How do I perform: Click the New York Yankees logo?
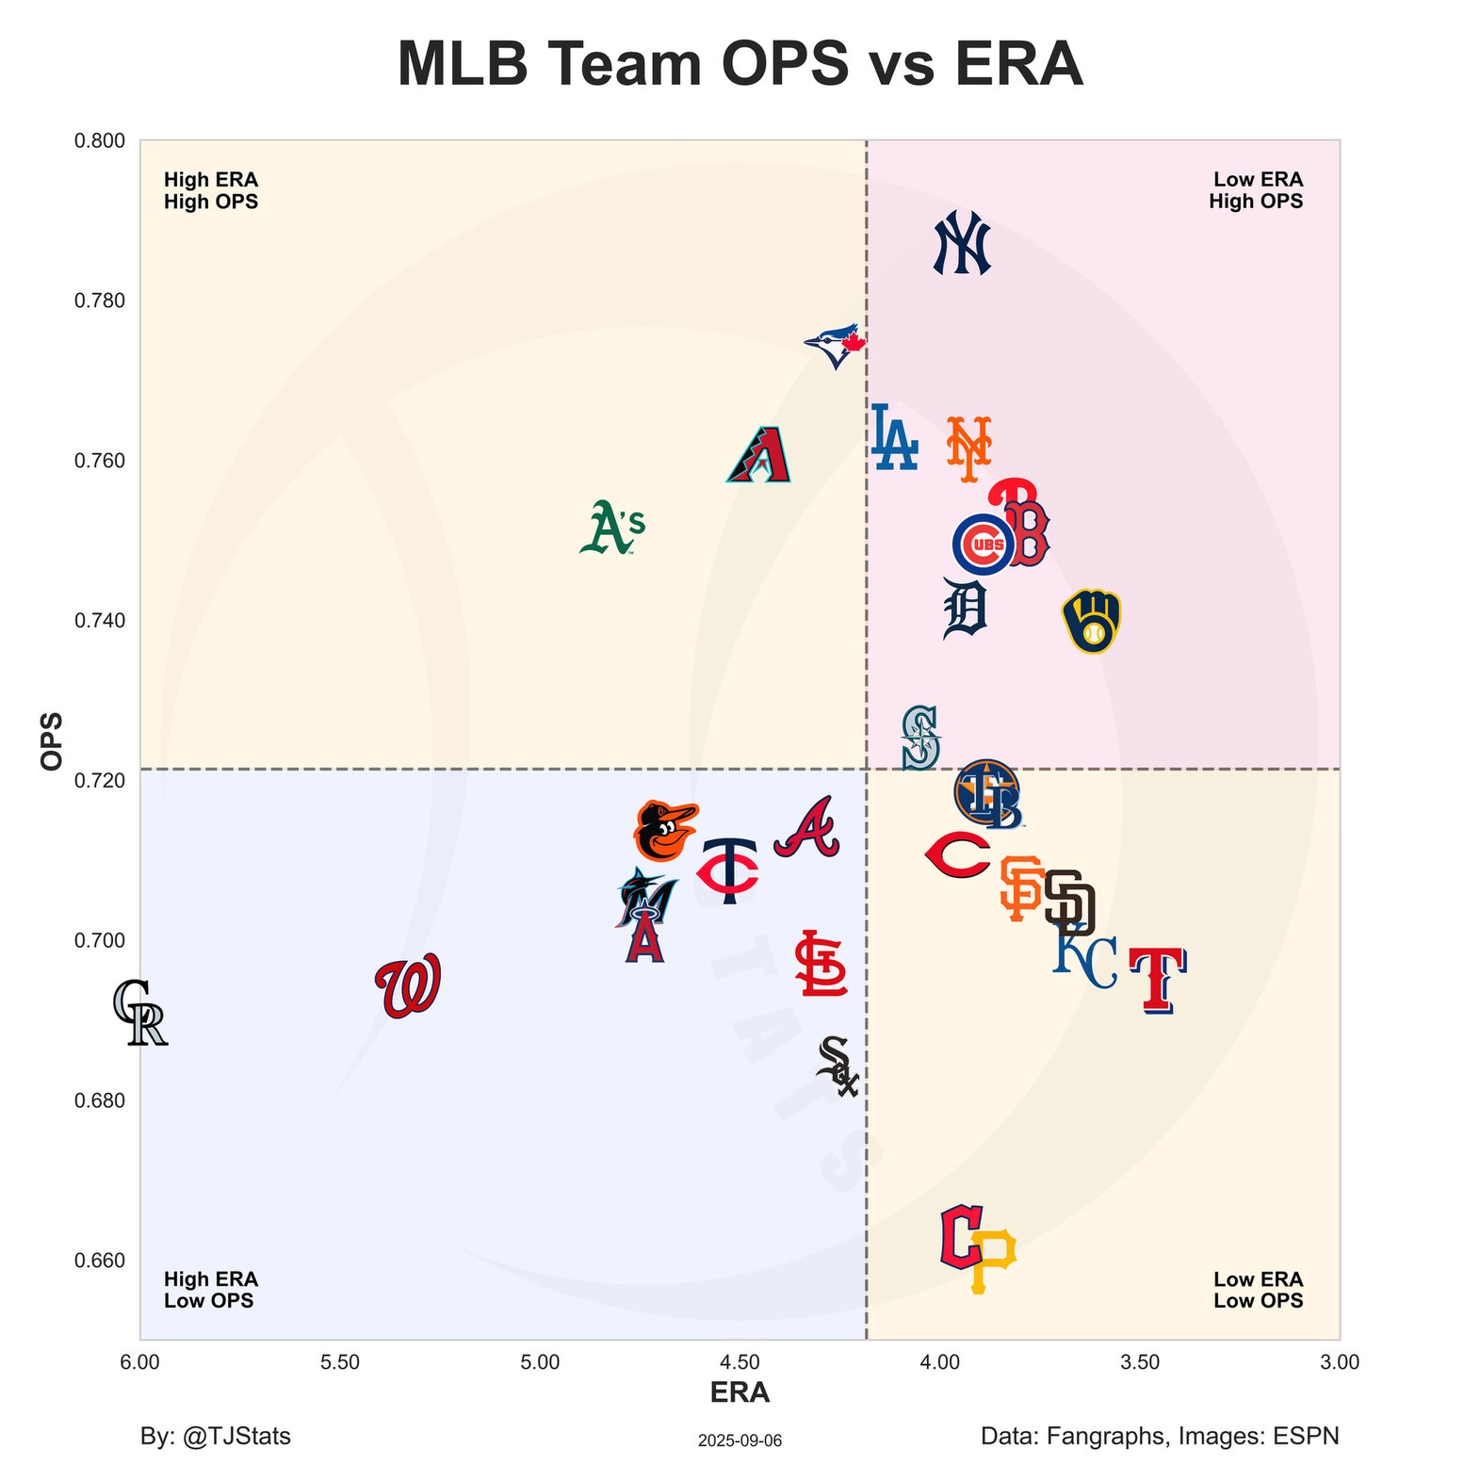(x=962, y=243)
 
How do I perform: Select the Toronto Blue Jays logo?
(x=835, y=345)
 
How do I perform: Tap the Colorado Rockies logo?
(x=139, y=1013)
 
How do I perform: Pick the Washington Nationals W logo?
(x=408, y=985)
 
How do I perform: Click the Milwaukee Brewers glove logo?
(x=1091, y=621)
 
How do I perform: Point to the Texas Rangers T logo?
(x=1158, y=980)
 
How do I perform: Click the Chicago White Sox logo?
(x=838, y=1066)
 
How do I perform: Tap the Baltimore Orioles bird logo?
(x=665, y=830)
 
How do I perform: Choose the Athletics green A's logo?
(x=612, y=527)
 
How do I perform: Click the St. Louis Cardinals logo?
(x=821, y=964)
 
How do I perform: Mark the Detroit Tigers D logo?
(x=965, y=609)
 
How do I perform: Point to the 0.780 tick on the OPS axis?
(x=99, y=301)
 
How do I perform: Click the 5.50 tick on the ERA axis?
(x=340, y=1362)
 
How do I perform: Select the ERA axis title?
(x=740, y=1392)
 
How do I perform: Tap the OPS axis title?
(x=53, y=740)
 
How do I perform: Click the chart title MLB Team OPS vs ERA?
(x=740, y=64)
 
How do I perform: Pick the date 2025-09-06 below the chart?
(x=740, y=1440)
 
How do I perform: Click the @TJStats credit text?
(x=216, y=1436)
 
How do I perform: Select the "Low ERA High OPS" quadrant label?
(x=1257, y=190)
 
